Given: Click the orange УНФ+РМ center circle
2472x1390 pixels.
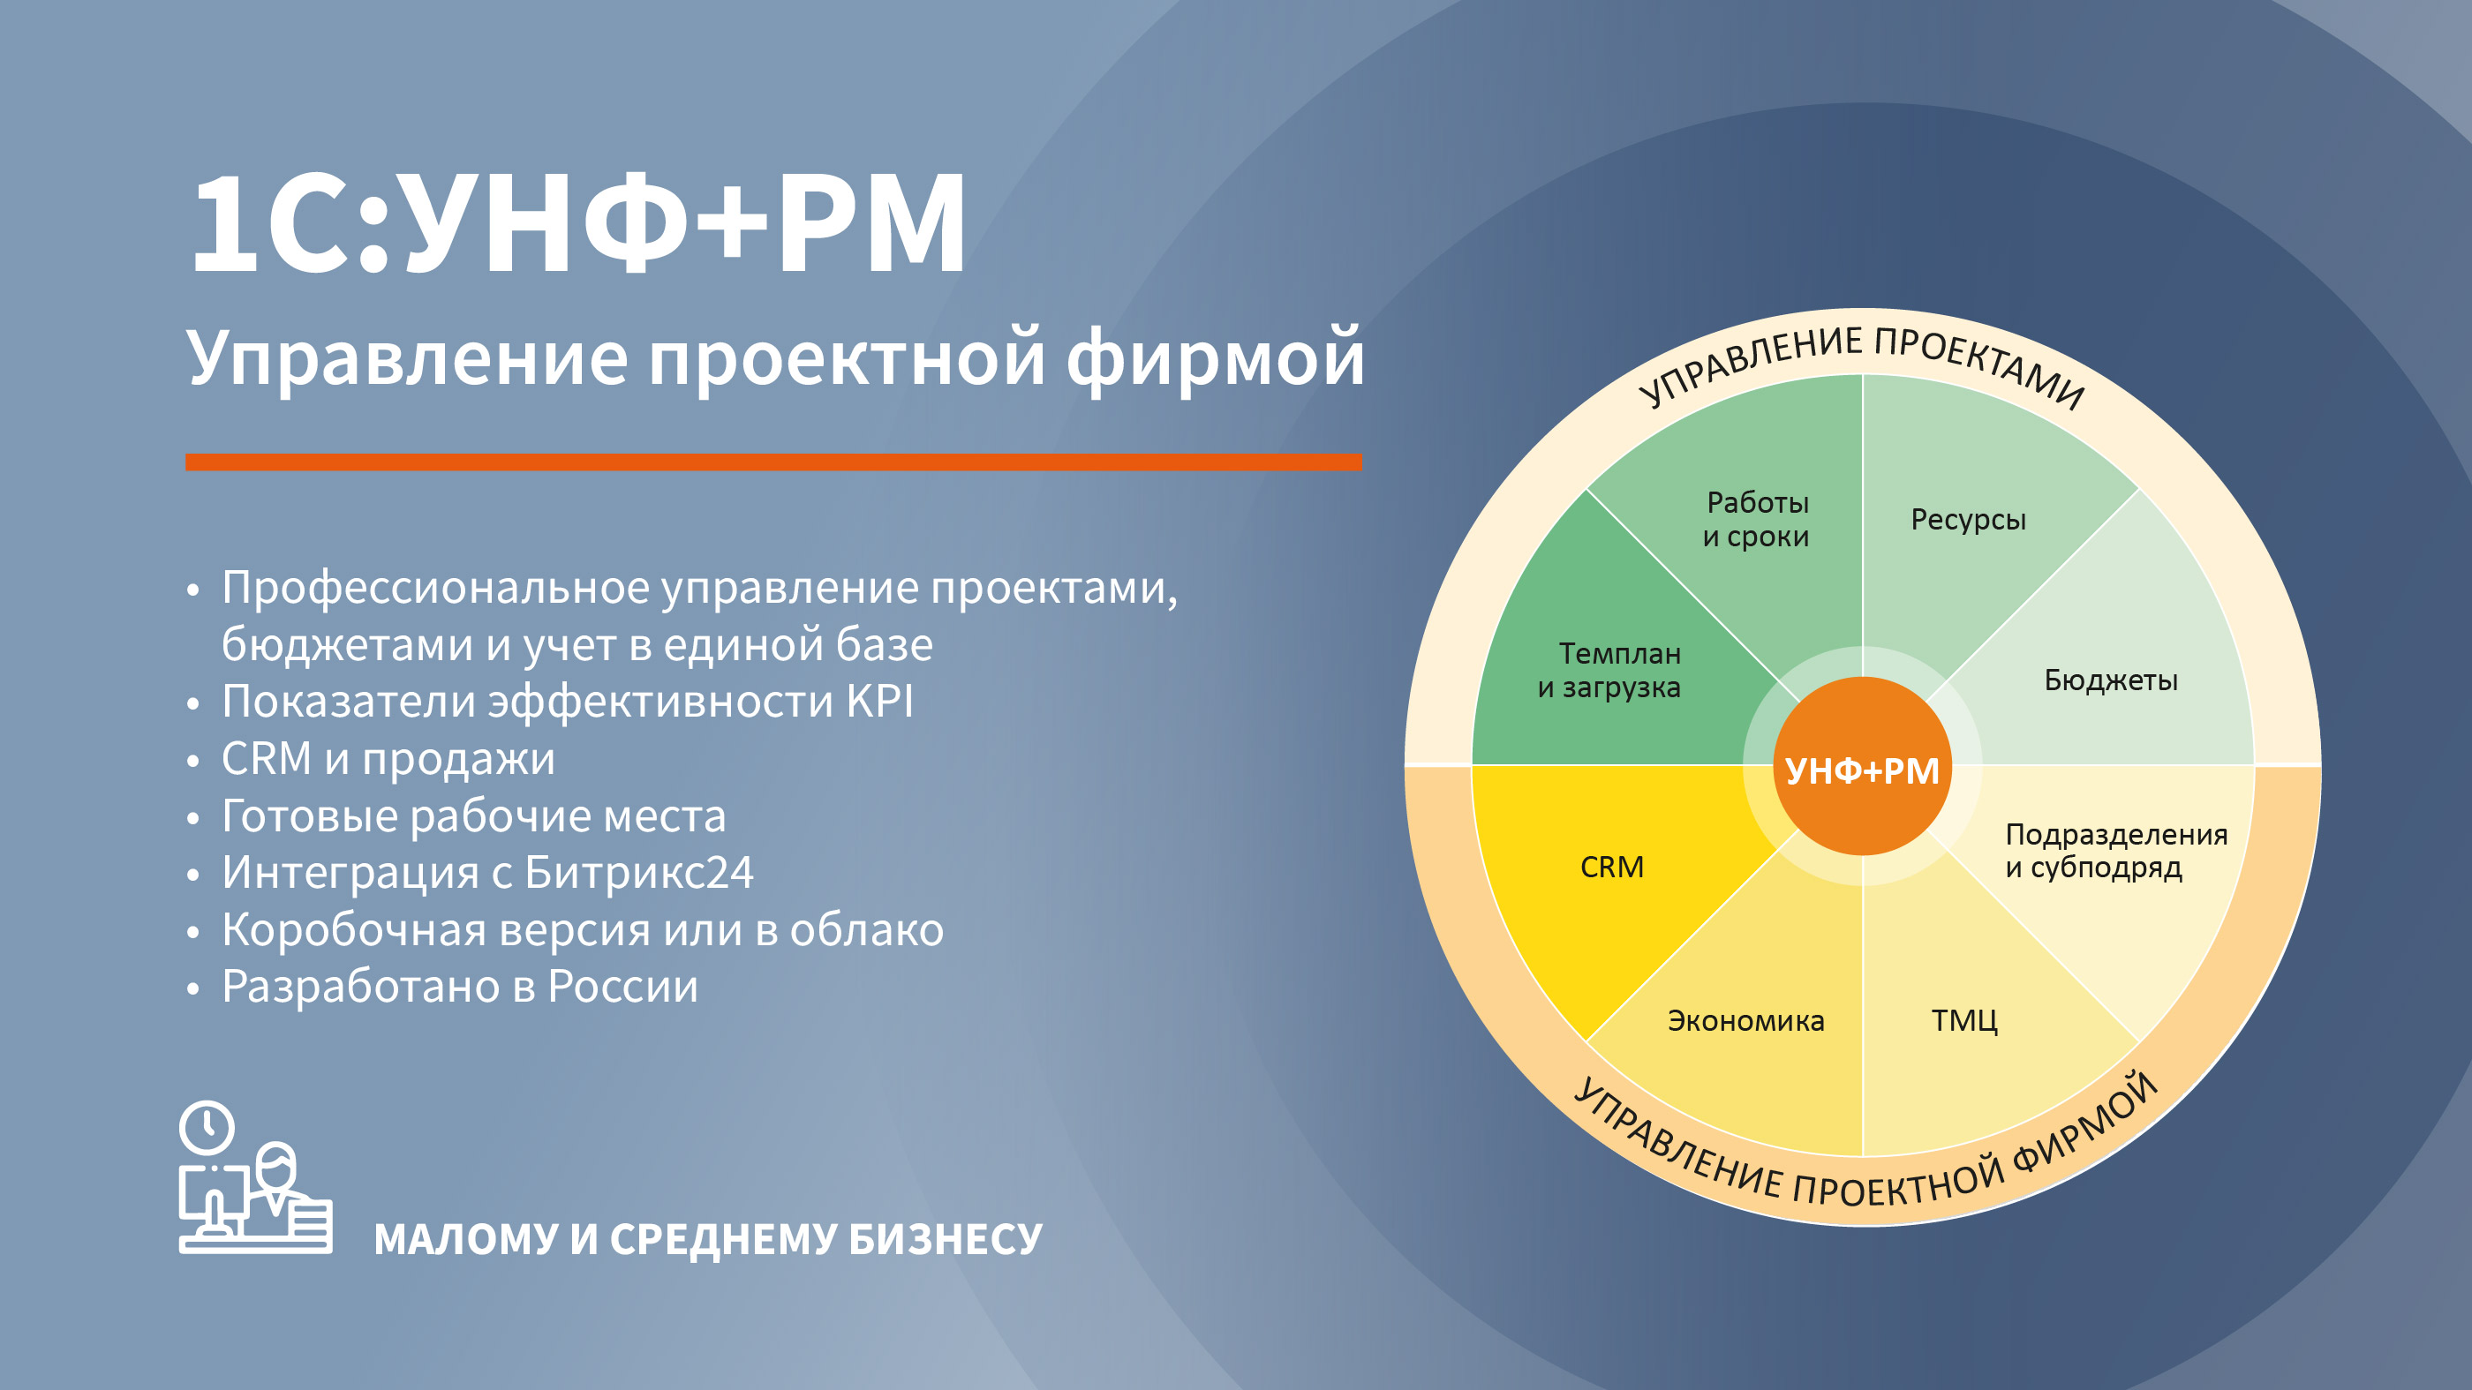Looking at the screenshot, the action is (1862, 765).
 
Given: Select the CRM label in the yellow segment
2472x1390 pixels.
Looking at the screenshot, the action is (1612, 868).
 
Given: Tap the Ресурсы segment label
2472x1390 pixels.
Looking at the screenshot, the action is (1968, 520).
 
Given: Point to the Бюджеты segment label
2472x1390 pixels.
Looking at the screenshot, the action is (2110, 680).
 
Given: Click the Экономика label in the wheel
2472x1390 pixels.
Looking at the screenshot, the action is (1745, 1021).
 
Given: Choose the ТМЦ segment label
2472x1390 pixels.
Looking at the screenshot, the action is (1964, 1021).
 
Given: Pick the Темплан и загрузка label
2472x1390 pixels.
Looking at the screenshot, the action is (1609, 671).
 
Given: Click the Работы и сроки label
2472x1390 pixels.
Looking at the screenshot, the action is (1756, 519).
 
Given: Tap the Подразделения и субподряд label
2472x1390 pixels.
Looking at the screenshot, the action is (2116, 851).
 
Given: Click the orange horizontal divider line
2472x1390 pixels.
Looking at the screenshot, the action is (773, 462).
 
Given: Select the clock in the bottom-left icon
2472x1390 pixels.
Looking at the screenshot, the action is (207, 1127).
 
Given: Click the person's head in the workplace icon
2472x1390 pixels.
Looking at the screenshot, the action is (277, 1167).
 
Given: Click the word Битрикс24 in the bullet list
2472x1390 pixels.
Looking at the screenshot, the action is (639, 873).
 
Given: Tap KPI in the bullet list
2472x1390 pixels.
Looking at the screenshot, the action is (880, 702).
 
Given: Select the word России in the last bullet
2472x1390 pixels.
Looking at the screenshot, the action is (622, 987).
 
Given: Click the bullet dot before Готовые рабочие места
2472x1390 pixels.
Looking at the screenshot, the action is (192, 817).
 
